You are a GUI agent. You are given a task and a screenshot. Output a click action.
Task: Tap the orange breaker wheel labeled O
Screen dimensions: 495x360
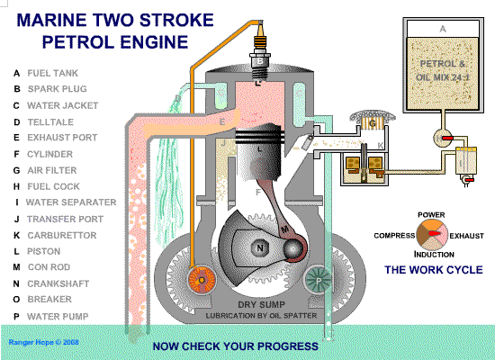(x=202, y=280)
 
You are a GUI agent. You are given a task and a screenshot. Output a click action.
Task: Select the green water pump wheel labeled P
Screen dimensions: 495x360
(x=319, y=280)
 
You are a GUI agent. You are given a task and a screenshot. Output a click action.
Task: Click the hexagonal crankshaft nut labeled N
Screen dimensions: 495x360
(x=259, y=247)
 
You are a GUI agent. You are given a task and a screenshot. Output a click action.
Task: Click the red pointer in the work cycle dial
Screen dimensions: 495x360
(x=435, y=234)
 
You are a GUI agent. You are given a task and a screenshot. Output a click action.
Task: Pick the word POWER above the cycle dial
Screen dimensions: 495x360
(x=431, y=215)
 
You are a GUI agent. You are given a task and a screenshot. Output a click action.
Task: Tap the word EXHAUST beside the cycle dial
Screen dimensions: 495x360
(x=466, y=236)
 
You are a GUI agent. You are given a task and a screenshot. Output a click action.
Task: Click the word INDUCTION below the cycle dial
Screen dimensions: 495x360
(x=434, y=255)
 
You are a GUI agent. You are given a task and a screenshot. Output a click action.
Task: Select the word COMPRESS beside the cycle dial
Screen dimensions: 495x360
(x=394, y=236)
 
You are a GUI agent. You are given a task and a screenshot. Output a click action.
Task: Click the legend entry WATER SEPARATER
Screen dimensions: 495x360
(x=71, y=202)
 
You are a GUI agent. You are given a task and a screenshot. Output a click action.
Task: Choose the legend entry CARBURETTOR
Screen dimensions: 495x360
(x=62, y=235)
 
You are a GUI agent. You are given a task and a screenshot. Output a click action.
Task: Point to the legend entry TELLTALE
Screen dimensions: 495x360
(x=50, y=121)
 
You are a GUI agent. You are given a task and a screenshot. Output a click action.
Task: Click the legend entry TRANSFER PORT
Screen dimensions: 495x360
(x=65, y=219)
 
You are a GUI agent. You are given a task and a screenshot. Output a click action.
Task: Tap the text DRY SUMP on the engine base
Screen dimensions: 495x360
(x=261, y=304)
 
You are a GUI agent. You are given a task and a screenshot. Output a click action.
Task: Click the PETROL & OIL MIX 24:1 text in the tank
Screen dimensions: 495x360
(x=443, y=70)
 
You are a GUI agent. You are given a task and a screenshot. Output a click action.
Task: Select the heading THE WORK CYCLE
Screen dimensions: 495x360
(x=434, y=270)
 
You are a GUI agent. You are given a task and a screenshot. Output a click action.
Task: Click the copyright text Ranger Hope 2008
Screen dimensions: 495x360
(x=43, y=342)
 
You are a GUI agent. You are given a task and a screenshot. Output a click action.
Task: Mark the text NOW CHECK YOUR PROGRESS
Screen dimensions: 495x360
(x=236, y=346)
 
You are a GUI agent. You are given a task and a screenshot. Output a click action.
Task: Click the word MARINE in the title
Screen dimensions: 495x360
(x=51, y=20)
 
